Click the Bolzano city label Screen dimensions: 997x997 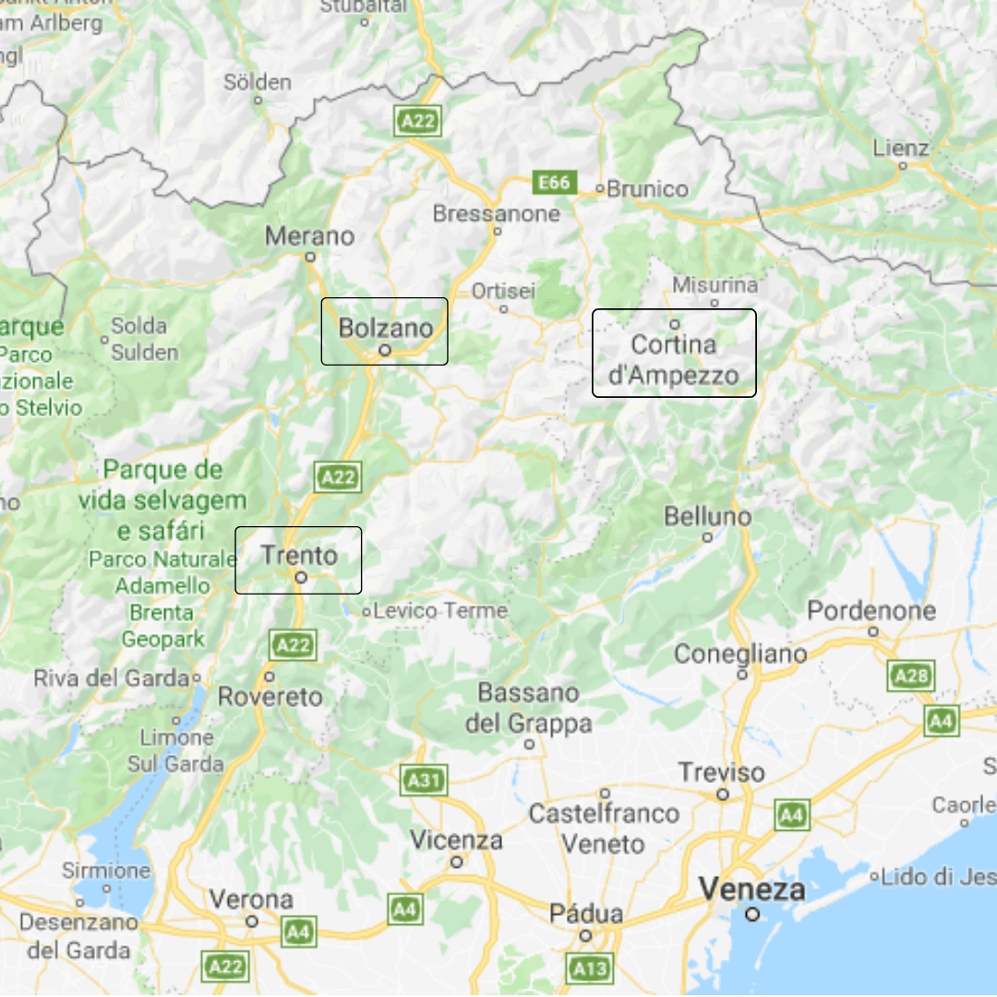click(x=385, y=328)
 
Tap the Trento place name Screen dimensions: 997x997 click(x=299, y=555)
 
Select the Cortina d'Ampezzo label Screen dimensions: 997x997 click(x=674, y=359)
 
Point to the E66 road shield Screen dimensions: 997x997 click(x=555, y=183)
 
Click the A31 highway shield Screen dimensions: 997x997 click(x=424, y=781)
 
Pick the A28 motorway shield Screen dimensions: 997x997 click(x=911, y=676)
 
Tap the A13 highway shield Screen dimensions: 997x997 click(x=590, y=968)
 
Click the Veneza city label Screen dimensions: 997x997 click(x=751, y=890)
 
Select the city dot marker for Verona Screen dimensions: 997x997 click(x=251, y=921)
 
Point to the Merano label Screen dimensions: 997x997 click(x=309, y=236)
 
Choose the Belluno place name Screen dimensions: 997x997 click(x=707, y=516)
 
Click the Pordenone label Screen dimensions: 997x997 click(x=871, y=610)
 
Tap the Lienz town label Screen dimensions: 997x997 click(x=901, y=148)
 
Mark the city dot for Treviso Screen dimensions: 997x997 click(x=723, y=794)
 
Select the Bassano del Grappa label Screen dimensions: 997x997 click(x=529, y=708)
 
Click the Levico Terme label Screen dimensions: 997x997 click(x=441, y=610)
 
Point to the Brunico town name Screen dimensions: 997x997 click(x=648, y=189)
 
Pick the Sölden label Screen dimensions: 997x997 click(x=258, y=82)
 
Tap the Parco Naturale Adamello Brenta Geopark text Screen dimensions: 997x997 click(x=162, y=598)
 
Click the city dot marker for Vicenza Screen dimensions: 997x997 click(x=456, y=862)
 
